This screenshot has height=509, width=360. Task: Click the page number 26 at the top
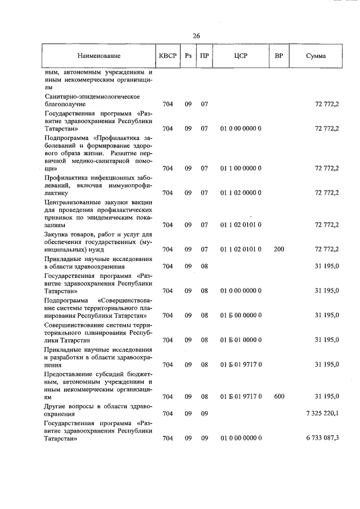point(196,35)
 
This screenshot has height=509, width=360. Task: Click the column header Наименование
point(99,57)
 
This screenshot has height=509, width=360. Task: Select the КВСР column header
point(168,57)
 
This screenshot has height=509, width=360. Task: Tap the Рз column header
point(188,57)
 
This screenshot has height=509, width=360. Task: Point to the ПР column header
point(204,57)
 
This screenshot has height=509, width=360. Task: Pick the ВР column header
point(278,57)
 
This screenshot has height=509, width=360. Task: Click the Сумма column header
point(316,57)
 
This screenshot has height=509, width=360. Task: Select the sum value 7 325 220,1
point(322,413)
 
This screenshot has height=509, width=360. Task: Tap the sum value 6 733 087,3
point(322,438)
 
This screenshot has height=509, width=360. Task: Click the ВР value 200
point(279,249)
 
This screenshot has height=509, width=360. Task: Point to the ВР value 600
point(279,397)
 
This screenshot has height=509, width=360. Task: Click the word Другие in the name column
point(55,406)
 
